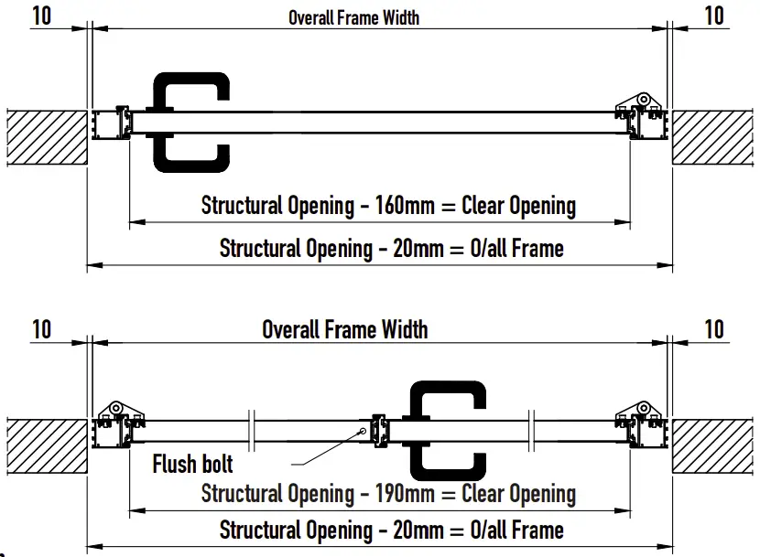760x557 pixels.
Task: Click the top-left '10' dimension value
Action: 41,16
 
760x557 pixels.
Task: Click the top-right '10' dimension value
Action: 714,16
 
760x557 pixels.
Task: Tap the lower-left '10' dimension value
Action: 41,328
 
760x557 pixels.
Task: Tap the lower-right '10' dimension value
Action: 714,328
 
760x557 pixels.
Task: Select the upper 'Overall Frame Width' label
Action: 354,17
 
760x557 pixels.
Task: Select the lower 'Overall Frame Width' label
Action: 344,329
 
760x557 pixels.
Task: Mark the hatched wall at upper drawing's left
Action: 46,137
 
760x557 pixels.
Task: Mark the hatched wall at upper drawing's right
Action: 714,137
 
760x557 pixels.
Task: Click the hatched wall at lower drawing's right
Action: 714,445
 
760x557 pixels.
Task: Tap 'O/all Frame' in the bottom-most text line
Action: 516,530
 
